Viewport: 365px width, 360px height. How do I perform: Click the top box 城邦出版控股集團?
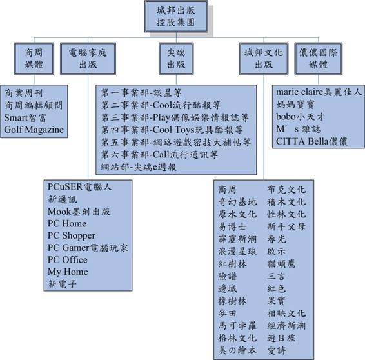pyautogui.click(x=176, y=16)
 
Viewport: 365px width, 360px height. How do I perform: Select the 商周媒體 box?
pyautogui.click(x=34, y=59)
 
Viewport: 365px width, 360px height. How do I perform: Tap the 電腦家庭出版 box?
pyautogui.click(x=88, y=59)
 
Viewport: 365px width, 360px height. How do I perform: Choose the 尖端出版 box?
pyautogui.click(x=176, y=59)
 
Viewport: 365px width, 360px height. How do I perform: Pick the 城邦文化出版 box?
pyautogui.click(x=264, y=59)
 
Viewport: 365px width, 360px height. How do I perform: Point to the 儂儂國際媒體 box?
pyautogui.click(x=319, y=59)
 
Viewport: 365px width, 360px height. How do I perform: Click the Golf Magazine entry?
pyautogui.click(x=34, y=130)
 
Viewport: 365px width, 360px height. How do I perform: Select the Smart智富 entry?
pyautogui.click(x=25, y=117)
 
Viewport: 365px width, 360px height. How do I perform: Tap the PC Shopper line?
pyautogui.click(x=72, y=235)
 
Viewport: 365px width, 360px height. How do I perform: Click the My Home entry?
pyautogui.click(x=68, y=272)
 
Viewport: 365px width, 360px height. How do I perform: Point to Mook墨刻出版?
pyautogui.click(x=79, y=212)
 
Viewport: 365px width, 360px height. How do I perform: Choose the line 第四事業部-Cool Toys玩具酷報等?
pyautogui.click(x=172, y=130)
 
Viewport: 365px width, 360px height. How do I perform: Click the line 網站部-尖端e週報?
pyautogui.click(x=139, y=167)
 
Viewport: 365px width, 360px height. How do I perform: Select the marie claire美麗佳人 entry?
pyautogui.click(x=319, y=92)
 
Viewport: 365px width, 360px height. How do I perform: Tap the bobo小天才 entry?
pyautogui.click(x=300, y=117)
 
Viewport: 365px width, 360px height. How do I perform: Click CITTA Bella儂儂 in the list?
pyautogui.click(x=311, y=141)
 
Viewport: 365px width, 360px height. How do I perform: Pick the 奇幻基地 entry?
pyautogui.click(x=237, y=202)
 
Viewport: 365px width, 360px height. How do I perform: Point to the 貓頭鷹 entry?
pyautogui.click(x=281, y=264)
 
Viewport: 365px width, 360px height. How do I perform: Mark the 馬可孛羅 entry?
pyautogui.click(x=237, y=326)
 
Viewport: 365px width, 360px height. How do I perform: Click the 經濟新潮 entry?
pyautogui.click(x=286, y=326)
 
